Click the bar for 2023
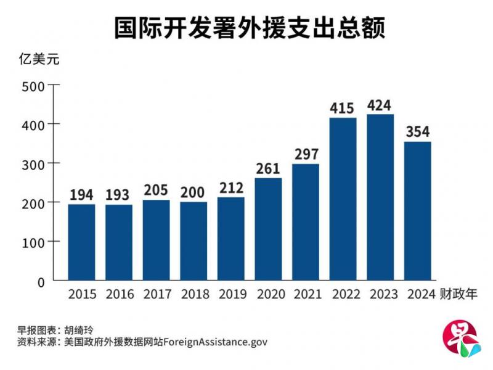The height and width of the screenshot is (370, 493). click(x=380, y=197)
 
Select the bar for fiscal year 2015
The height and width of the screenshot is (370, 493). click(x=81, y=242)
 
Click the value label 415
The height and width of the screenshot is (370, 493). click(x=342, y=109)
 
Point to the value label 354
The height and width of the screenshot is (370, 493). click(x=417, y=132)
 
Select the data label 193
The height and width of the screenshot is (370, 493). click(x=118, y=195)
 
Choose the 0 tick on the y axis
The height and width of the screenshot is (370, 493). click(x=41, y=282)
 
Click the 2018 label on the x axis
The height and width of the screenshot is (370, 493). click(x=193, y=295)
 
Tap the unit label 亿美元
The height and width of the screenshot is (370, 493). click(x=38, y=61)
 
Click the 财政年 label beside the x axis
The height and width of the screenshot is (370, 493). click(x=458, y=294)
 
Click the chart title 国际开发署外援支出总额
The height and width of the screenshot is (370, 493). click(x=249, y=28)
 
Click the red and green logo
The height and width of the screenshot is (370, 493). click(x=460, y=340)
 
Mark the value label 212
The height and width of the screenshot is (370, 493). click(x=230, y=187)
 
